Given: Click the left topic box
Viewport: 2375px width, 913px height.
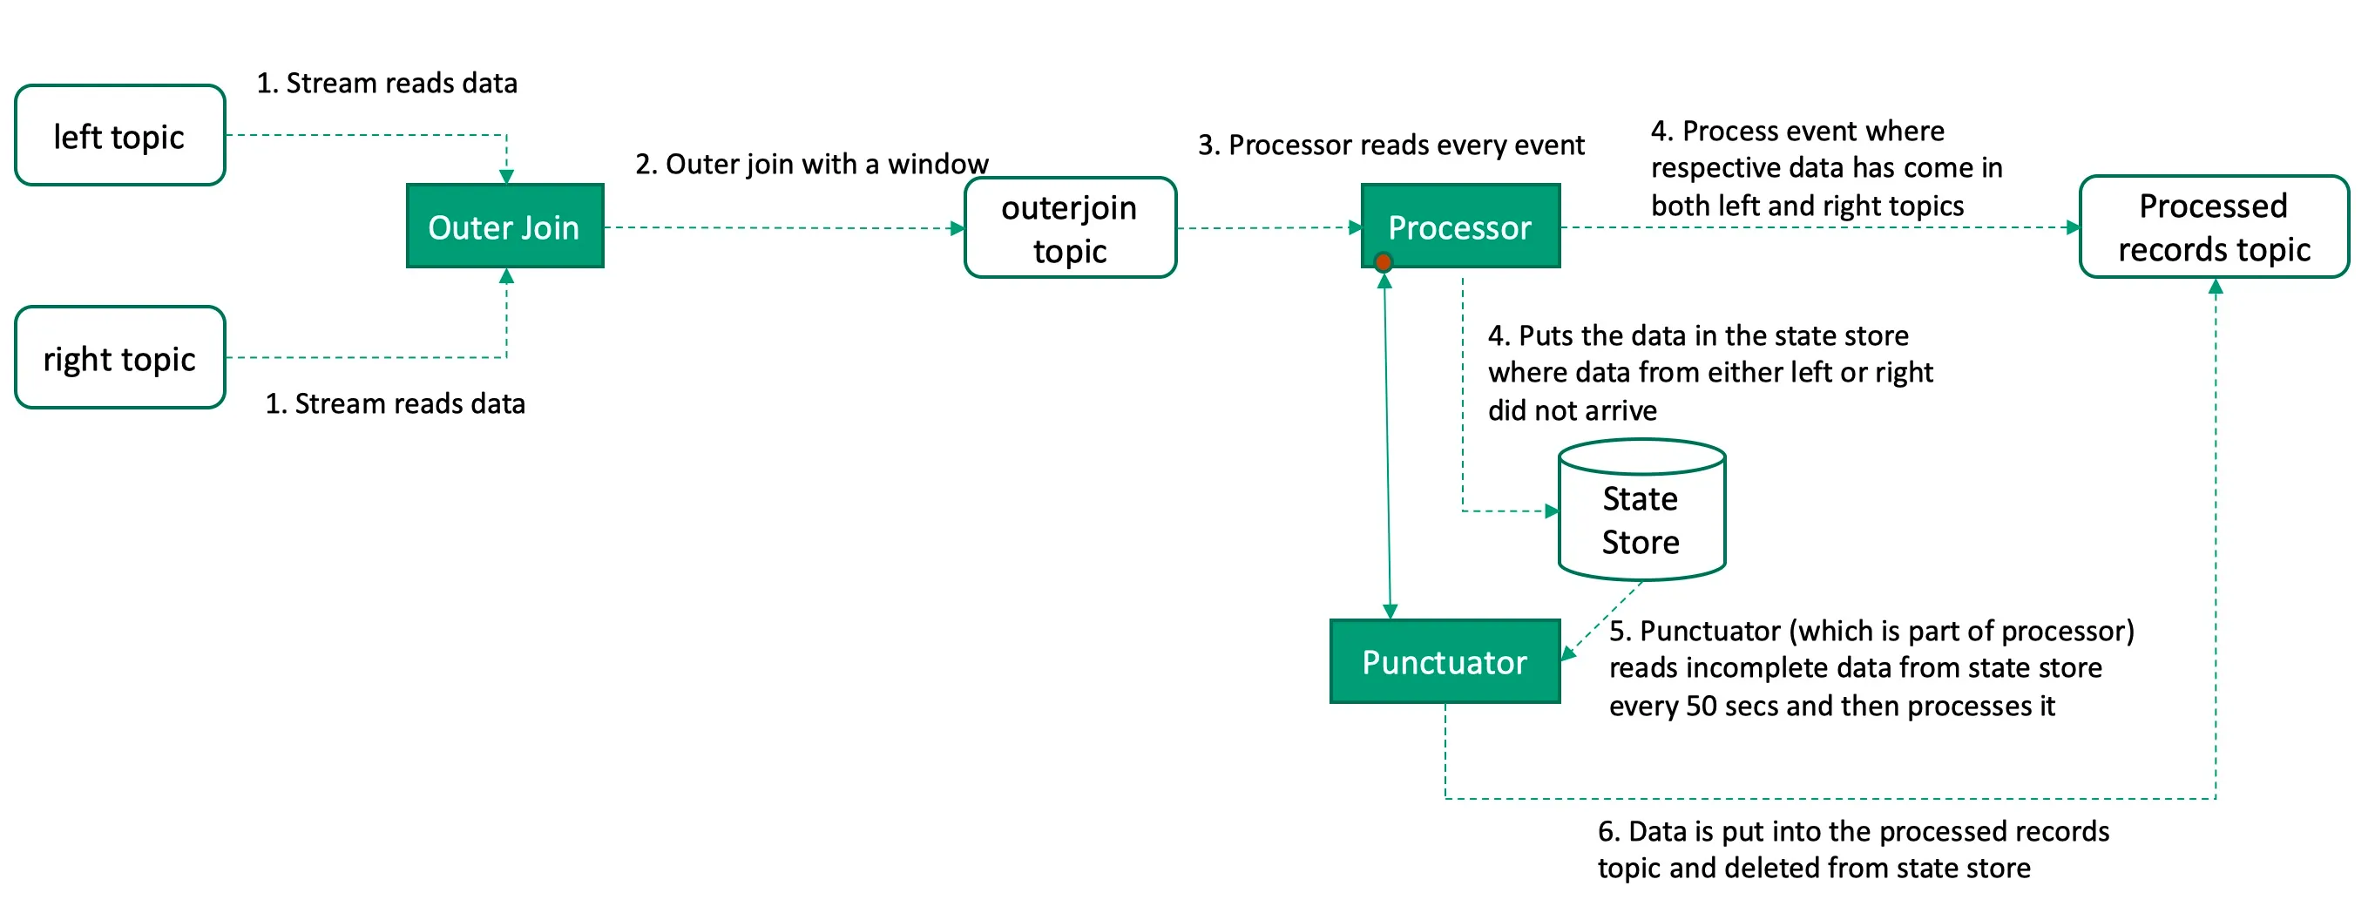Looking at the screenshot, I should tap(120, 136).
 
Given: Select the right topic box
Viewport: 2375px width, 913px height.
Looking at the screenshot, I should tap(120, 358).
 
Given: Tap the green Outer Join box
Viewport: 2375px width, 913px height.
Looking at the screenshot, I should tap(504, 226).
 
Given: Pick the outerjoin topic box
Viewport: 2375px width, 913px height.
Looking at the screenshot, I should tap(1070, 227).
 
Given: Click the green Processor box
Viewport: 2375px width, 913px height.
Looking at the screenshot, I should tap(1459, 226).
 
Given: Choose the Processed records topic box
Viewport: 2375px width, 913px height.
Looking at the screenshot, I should tap(2213, 227).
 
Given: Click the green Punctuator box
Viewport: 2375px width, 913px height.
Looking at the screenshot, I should tap(1444, 661).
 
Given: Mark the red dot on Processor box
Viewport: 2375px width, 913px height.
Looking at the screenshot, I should tap(1383, 263).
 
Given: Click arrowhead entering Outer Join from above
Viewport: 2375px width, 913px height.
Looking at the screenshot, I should tap(506, 176).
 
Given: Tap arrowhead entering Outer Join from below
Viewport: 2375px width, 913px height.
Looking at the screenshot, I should tap(506, 277).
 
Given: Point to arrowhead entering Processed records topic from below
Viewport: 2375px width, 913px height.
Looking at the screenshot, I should tap(2216, 287).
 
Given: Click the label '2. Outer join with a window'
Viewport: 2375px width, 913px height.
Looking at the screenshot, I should tap(811, 164).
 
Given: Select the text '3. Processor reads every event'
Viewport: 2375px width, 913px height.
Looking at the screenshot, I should tap(1390, 145).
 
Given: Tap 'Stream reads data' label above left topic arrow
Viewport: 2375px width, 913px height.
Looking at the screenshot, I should tap(386, 83).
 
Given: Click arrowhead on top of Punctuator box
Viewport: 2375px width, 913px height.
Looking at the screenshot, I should tap(1390, 611).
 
